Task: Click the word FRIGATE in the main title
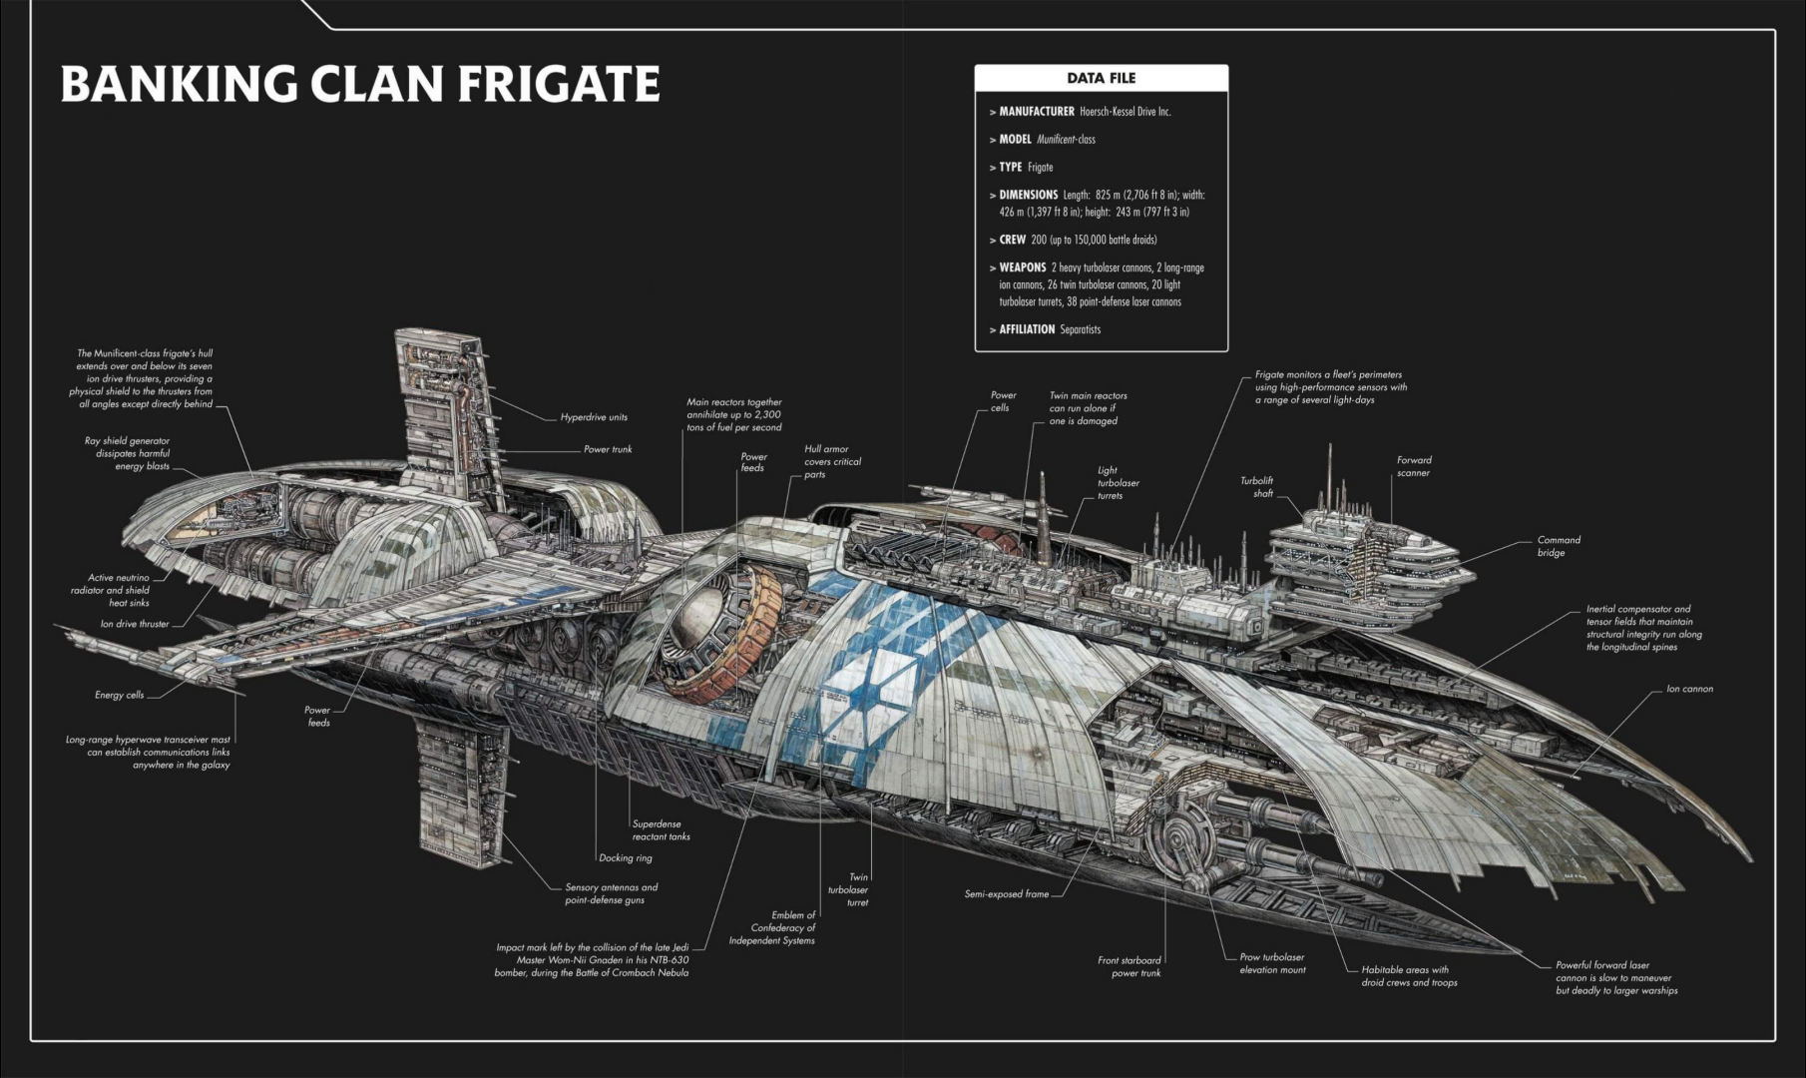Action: pos(559,84)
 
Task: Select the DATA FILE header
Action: pos(1101,78)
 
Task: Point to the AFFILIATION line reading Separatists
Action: pos(1049,329)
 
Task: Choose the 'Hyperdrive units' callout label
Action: pos(594,417)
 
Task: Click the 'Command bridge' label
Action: pos(1558,546)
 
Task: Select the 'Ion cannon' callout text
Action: pos(1689,689)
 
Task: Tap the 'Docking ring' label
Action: pos(625,858)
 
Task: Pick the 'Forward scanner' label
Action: pos(1413,466)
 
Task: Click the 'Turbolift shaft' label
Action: pos(1256,487)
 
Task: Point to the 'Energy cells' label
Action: pos(120,695)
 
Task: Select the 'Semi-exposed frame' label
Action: pos(1006,894)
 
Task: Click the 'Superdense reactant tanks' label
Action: pos(661,830)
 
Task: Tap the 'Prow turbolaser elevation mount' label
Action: pos(1272,963)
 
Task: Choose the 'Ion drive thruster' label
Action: pos(135,624)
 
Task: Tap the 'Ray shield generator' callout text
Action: pos(127,453)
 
